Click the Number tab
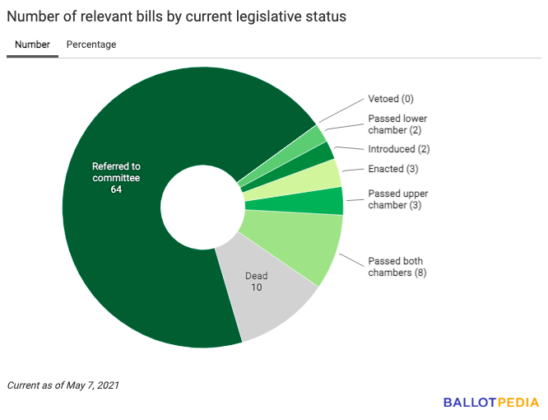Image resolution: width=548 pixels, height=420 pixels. (32, 44)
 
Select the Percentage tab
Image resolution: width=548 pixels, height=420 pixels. (91, 44)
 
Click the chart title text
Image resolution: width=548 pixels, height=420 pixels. (176, 16)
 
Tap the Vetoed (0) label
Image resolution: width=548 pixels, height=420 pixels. (390, 99)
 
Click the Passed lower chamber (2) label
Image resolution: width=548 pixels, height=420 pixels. (397, 124)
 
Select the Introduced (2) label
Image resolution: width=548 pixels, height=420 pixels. (398, 149)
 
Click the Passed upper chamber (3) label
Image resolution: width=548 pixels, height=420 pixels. (397, 199)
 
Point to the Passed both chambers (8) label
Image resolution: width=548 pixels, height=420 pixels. (397, 266)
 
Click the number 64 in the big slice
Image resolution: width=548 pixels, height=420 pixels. (116, 190)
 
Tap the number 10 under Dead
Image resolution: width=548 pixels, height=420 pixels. (257, 287)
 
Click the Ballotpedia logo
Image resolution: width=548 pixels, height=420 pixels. (491, 403)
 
